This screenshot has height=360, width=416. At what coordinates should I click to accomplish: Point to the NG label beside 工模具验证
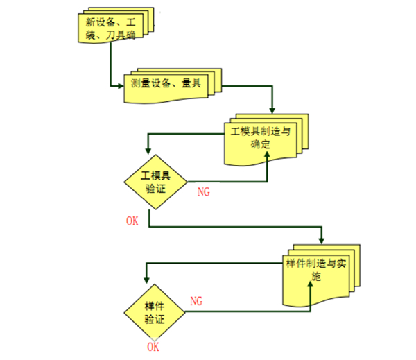tap(205, 189)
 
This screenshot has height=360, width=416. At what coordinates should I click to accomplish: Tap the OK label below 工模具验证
tap(132, 221)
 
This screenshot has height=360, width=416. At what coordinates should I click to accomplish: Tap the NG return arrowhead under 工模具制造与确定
tap(268, 157)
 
